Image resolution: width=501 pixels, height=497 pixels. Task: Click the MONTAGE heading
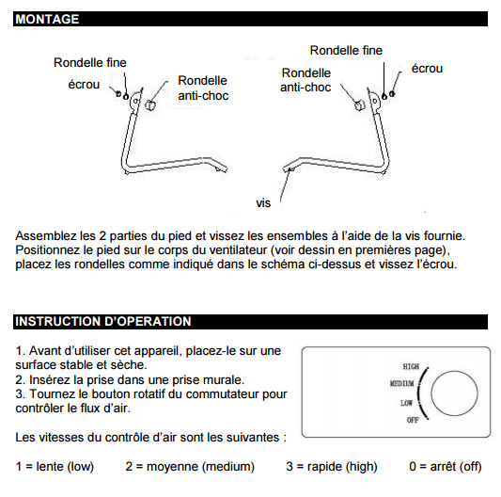[47, 19]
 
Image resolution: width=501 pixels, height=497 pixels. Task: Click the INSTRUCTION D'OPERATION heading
[102, 321]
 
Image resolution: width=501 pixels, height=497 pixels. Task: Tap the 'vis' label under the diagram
[263, 203]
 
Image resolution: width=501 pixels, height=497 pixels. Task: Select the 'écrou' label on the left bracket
[84, 85]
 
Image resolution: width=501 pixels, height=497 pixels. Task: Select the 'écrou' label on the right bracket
[427, 68]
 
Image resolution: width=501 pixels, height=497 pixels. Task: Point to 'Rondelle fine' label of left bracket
[90, 62]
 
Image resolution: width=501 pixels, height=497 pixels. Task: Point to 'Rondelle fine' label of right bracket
[346, 50]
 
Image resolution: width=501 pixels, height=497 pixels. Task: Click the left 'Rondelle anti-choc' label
[203, 88]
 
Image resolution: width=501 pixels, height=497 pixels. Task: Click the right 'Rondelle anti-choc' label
[305, 80]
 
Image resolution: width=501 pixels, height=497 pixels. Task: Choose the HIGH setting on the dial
[411, 366]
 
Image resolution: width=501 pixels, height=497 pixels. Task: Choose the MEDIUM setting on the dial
[401, 383]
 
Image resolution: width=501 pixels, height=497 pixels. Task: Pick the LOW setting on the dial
[406, 403]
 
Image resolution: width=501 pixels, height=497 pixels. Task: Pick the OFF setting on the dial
[413, 420]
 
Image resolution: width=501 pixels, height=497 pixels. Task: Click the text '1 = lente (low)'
[55, 466]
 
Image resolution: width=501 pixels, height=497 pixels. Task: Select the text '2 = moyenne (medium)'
[190, 466]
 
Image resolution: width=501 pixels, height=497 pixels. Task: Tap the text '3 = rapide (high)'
[332, 466]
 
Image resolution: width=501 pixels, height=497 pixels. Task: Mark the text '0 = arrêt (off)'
[446, 466]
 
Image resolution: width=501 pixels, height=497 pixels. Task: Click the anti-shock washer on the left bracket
[149, 104]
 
